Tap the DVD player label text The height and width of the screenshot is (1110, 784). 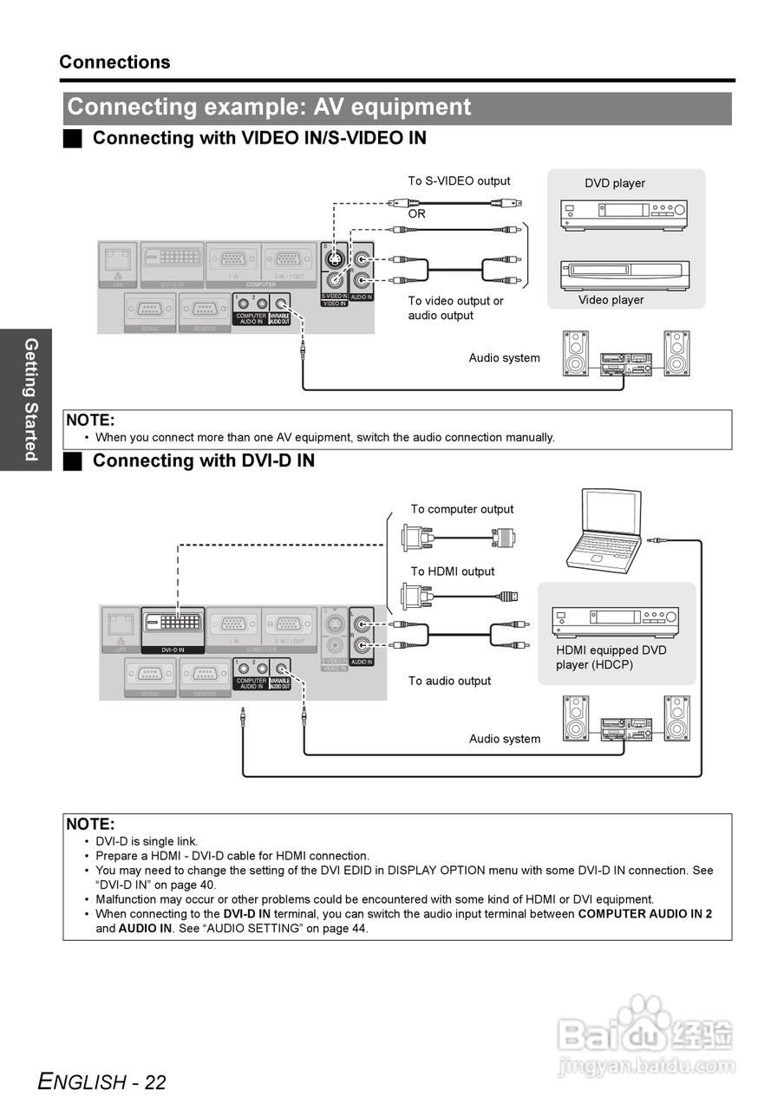pyautogui.click(x=615, y=183)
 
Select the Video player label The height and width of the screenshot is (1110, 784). pyautogui.click(x=611, y=300)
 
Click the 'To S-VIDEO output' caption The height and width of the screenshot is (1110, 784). pyautogui.click(x=459, y=181)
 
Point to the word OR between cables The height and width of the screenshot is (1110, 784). pyautogui.click(x=417, y=213)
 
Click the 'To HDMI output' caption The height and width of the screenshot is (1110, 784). pyautogui.click(x=453, y=571)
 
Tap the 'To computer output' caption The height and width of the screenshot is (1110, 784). pyautogui.click(x=462, y=509)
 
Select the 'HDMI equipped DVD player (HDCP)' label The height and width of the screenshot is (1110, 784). pyautogui.click(x=611, y=657)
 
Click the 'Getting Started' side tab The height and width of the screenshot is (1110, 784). pyautogui.click(x=30, y=400)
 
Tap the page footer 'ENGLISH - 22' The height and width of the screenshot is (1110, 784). pyautogui.click(x=102, y=1081)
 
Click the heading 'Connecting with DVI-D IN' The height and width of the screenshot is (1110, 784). pyautogui.click(x=203, y=460)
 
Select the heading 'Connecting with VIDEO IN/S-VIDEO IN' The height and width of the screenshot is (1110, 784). pyautogui.click(x=259, y=138)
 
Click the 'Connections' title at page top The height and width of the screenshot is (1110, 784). pyautogui.click(x=114, y=62)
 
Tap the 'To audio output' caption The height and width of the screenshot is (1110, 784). pyautogui.click(x=449, y=681)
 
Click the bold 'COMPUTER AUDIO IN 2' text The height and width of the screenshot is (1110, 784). pyautogui.click(x=645, y=914)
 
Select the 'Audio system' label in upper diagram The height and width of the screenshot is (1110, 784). pyautogui.click(x=504, y=358)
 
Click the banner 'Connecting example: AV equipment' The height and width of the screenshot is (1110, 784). pyautogui.click(x=269, y=108)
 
